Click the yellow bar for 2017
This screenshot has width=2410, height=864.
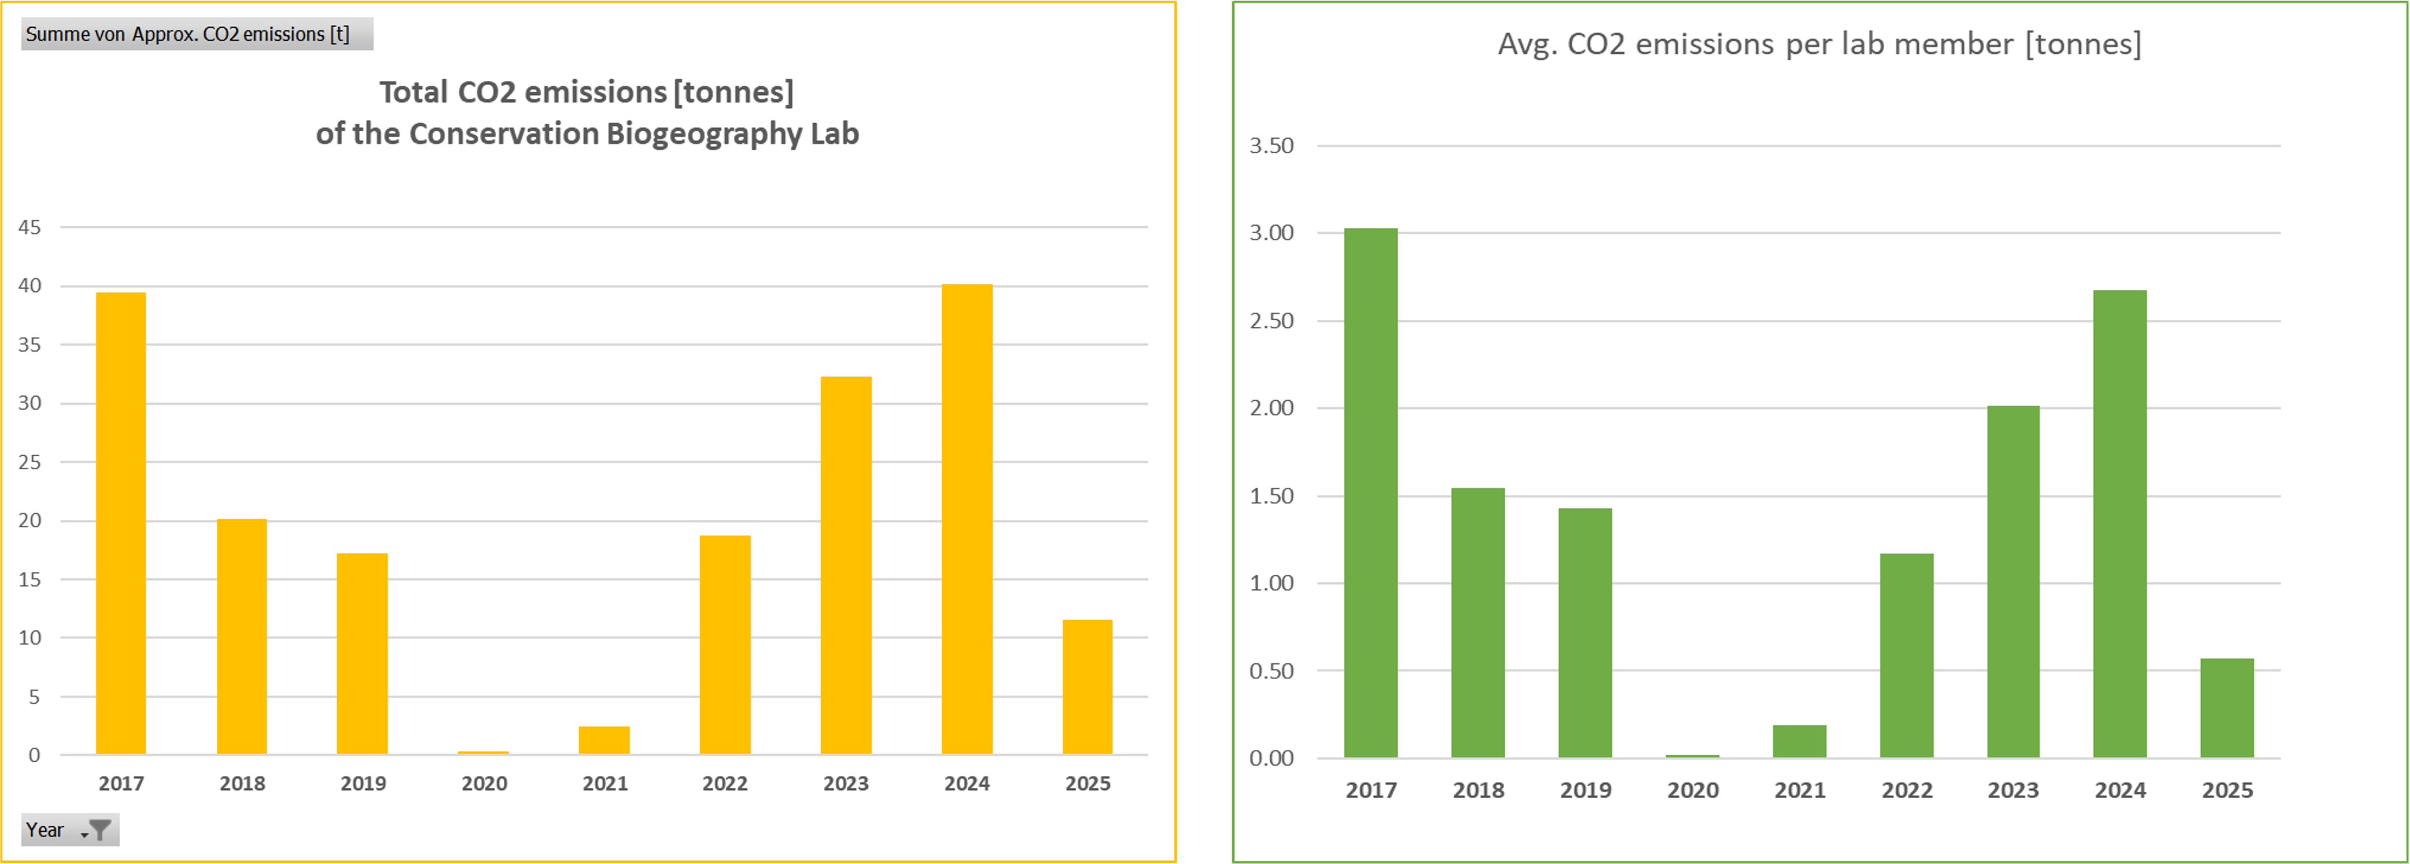pos(121,523)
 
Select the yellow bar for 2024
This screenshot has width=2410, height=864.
pos(967,519)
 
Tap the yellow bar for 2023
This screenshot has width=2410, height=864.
pos(846,566)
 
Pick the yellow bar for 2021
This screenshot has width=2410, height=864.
pos(605,741)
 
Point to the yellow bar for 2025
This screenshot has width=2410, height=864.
pos(1087,687)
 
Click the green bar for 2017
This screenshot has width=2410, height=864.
pos(1370,493)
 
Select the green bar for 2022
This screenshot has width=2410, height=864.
pos(1907,655)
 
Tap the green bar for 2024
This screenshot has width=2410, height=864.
pos(2120,523)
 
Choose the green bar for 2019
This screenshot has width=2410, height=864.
pos(1585,633)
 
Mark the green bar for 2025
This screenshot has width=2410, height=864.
pos(2227,708)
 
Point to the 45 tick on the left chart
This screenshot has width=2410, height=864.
pos(30,227)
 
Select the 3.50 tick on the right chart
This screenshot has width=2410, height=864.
pos(1272,146)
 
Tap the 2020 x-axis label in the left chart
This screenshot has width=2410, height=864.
pos(484,784)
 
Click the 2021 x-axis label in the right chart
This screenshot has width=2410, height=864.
pos(1799,790)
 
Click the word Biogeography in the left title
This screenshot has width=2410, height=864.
pos(703,134)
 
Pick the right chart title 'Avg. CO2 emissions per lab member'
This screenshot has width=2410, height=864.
pos(1819,44)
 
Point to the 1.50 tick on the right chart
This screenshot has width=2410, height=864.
pos(1272,496)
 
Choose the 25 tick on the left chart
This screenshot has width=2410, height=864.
pos(30,462)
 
